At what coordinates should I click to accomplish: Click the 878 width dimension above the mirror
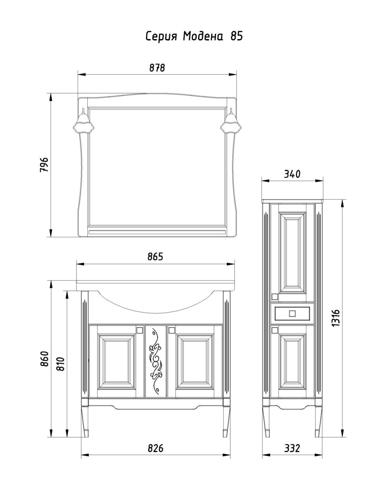(x=157, y=68)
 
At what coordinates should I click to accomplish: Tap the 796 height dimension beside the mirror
(x=44, y=165)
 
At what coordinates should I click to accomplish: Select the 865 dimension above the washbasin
(x=156, y=257)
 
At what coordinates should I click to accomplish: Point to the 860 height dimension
(x=44, y=358)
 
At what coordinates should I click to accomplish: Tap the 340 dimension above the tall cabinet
(x=292, y=174)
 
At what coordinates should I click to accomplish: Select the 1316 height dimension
(x=336, y=318)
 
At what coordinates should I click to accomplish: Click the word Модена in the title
(x=202, y=36)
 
